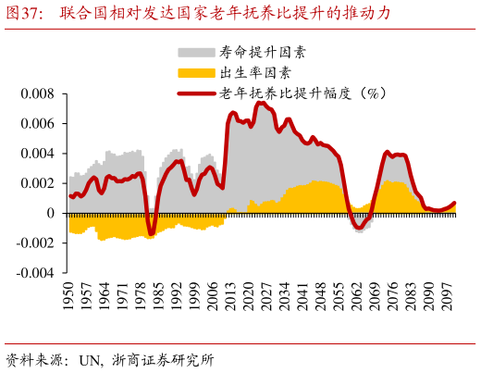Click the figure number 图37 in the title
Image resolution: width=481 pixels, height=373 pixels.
(24, 13)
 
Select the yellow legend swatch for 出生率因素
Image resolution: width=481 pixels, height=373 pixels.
(194, 72)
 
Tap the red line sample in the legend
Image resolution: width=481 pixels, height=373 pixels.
(194, 93)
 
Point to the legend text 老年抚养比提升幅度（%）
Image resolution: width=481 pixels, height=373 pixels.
(302, 93)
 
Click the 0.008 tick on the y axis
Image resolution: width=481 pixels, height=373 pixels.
(38, 94)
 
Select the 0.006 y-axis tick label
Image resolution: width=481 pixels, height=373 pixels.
(38, 124)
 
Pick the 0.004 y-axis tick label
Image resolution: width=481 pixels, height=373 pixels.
(38, 154)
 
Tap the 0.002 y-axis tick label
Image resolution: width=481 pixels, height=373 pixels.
(38, 183)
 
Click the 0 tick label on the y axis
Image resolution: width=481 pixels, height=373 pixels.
(52, 213)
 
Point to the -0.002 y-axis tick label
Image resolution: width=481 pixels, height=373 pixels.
(36, 243)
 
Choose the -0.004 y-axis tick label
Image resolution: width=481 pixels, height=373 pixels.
(36, 273)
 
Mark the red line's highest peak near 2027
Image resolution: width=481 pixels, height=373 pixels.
(261, 103)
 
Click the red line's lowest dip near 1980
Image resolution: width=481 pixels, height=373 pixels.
(151, 234)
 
